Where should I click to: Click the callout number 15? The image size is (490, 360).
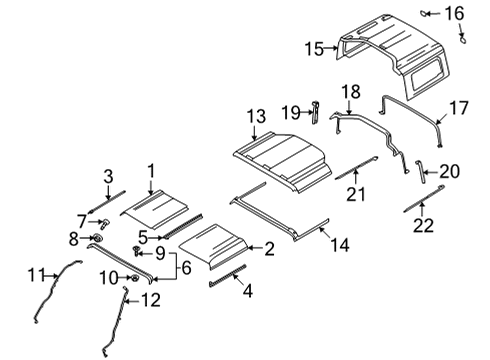coord(314,48)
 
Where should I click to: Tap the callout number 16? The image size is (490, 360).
coord(455,13)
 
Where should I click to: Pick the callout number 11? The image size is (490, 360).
coord(36,273)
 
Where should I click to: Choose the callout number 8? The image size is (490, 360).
coord(74,238)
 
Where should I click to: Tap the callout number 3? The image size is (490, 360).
coord(108,176)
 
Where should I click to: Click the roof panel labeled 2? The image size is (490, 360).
coord(215,245)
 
